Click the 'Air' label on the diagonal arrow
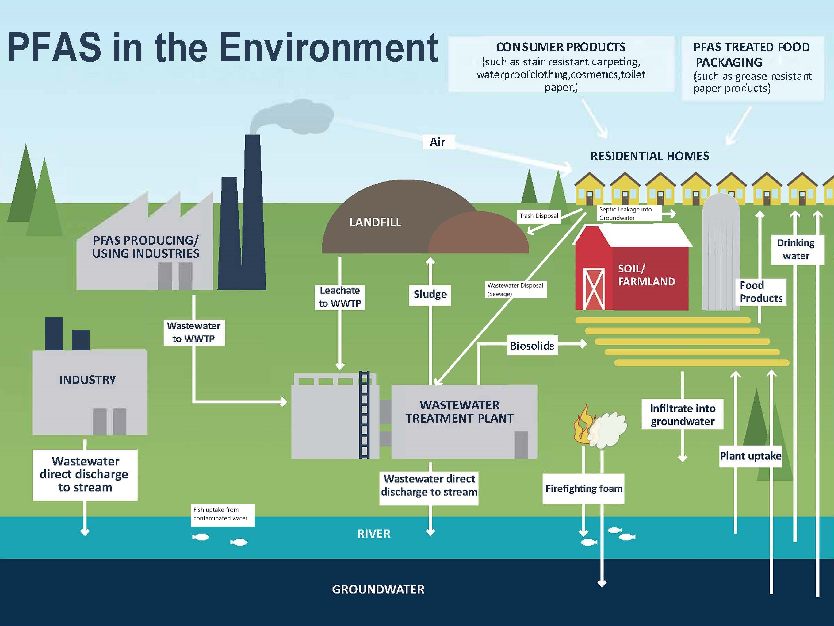[x=437, y=142]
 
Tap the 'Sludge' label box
[x=430, y=294]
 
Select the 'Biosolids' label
[x=532, y=346]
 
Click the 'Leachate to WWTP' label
[x=340, y=297]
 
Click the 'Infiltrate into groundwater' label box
[x=683, y=414]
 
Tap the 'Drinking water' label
[x=796, y=249]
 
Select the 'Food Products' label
[x=761, y=292]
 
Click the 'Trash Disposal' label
[x=538, y=216]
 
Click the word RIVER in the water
[x=374, y=534]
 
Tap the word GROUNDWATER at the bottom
[x=378, y=589]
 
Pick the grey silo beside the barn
[x=721, y=253]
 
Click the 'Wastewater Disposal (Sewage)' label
[x=515, y=289]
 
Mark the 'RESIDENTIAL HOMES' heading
[x=650, y=156]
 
